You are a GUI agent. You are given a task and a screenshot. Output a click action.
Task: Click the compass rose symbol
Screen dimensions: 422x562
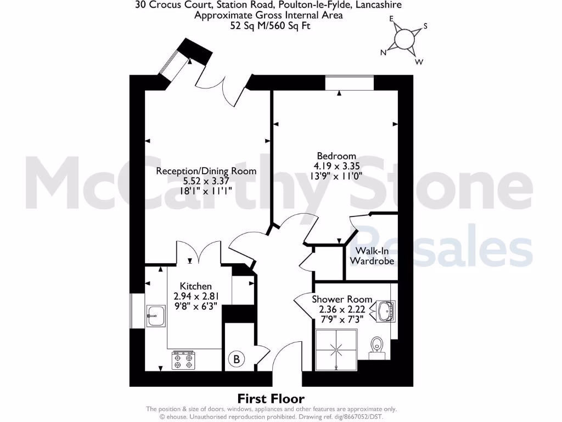click(x=405, y=39)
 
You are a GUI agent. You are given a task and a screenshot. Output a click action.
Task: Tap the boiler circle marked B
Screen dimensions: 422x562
click(x=237, y=360)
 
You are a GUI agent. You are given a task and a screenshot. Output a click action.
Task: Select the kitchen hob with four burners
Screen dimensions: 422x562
click(x=183, y=360)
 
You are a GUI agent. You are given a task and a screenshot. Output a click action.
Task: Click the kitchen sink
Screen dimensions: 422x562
click(x=155, y=315)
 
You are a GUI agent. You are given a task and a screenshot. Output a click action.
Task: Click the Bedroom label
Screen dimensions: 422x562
click(x=336, y=156)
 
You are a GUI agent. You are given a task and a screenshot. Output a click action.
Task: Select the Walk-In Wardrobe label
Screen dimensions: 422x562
click(x=372, y=256)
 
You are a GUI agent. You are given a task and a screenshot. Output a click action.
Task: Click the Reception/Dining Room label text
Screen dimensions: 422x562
click(x=206, y=171)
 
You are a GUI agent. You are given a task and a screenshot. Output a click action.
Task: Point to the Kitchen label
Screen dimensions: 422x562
click(x=196, y=286)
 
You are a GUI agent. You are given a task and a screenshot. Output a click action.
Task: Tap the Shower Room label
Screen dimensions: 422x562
click(x=342, y=299)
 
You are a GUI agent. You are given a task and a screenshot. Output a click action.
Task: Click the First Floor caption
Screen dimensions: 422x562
click(x=271, y=398)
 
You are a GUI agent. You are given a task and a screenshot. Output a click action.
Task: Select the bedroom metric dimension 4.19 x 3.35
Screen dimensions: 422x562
click(x=336, y=166)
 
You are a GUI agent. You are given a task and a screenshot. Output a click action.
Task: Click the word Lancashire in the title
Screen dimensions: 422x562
click(x=378, y=5)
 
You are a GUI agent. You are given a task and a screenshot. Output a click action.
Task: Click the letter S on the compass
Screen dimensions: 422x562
click(x=425, y=26)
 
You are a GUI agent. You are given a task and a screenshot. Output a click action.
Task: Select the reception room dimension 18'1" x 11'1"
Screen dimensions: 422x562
click(x=206, y=191)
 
